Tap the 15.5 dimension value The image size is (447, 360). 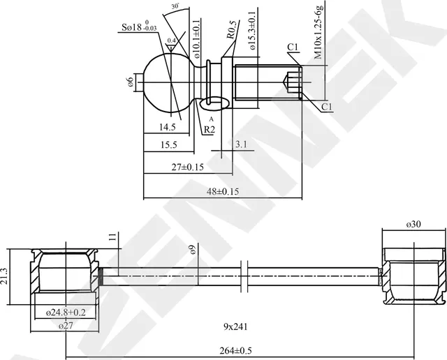click(168, 144)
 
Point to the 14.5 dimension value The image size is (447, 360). click(167, 128)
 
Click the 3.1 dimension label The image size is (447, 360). click(242, 144)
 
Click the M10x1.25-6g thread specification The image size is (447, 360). click(318, 31)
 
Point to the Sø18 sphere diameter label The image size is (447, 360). click(137, 27)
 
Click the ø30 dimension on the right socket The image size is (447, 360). click(413, 224)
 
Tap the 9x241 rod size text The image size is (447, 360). click(236, 326)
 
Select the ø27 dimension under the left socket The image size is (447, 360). click(66, 326)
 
